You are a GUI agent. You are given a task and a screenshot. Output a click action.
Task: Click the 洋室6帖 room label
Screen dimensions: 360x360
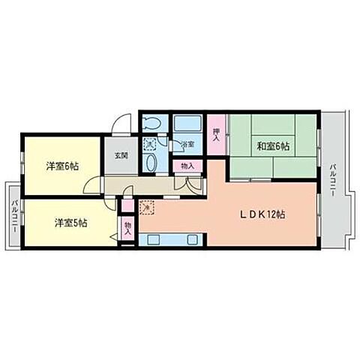pyautogui.click(x=62, y=166)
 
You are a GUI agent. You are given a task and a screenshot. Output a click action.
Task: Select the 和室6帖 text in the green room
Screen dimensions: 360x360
pyautogui.click(x=273, y=147)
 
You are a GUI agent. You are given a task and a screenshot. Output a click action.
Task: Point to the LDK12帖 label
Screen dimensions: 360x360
pyautogui.click(x=262, y=214)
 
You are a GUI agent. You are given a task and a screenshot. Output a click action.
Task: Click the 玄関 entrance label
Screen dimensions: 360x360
pyautogui.click(x=121, y=156)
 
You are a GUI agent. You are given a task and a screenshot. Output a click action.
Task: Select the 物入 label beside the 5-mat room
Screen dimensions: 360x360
pyautogui.click(x=127, y=228)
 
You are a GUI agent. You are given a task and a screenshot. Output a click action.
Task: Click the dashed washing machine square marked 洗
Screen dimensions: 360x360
pyautogui.click(x=150, y=142)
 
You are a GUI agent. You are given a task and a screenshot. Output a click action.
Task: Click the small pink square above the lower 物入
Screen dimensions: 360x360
pyautogui.click(x=127, y=205)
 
